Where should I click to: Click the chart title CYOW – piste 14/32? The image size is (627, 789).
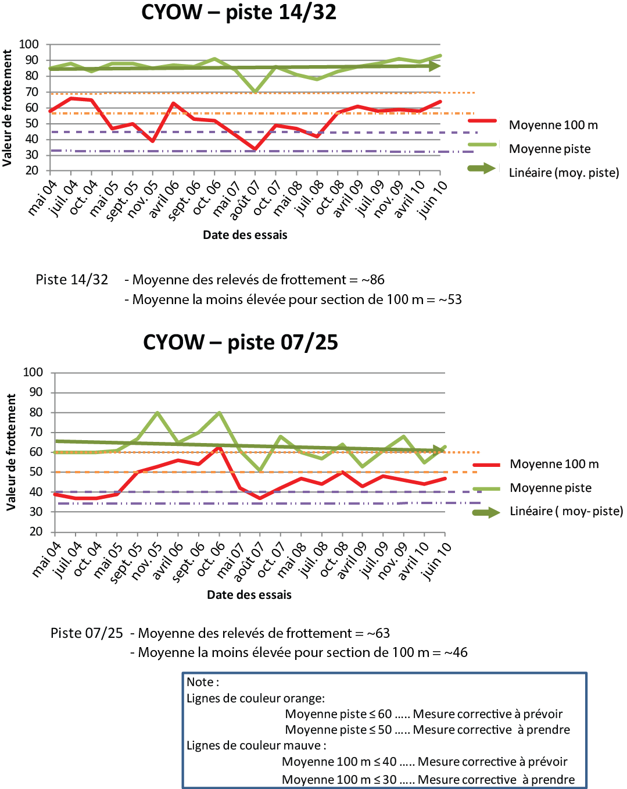(x=239, y=12)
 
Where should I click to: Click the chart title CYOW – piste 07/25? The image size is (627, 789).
(x=240, y=342)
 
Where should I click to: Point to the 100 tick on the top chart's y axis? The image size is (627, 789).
(x=29, y=44)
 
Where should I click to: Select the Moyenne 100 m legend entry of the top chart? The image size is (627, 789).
(x=553, y=125)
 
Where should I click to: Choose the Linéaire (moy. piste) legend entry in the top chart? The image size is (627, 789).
(x=564, y=173)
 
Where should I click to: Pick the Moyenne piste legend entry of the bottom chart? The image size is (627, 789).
(x=550, y=488)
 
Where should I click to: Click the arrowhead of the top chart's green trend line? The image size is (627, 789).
(x=434, y=66)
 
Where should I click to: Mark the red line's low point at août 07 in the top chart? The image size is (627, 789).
(x=255, y=149)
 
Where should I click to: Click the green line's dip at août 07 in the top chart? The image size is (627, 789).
(x=255, y=92)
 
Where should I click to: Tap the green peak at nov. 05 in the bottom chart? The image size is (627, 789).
(x=157, y=413)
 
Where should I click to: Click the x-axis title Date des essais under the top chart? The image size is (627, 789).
(x=245, y=235)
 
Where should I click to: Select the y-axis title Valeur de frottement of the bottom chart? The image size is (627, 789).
(x=11, y=452)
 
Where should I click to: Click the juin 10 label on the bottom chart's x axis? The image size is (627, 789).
(x=437, y=560)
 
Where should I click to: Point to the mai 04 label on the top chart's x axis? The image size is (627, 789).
(x=42, y=198)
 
